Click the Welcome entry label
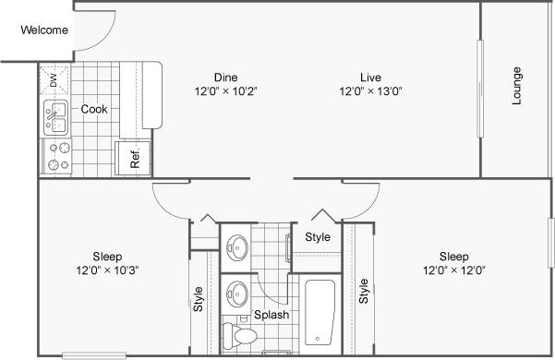[44, 30]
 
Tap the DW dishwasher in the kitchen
[54, 81]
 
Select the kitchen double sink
[55, 118]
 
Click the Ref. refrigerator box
[132, 158]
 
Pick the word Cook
[94, 109]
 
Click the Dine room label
[226, 77]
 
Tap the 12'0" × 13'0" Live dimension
[371, 91]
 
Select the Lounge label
[516, 86]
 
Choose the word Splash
[272, 315]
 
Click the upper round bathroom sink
[239, 246]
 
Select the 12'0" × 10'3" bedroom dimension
[108, 270]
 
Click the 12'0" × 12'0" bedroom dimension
[452, 270]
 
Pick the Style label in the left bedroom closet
[199, 299]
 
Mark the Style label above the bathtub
[318, 237]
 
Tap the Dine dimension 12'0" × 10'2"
[226, 91]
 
